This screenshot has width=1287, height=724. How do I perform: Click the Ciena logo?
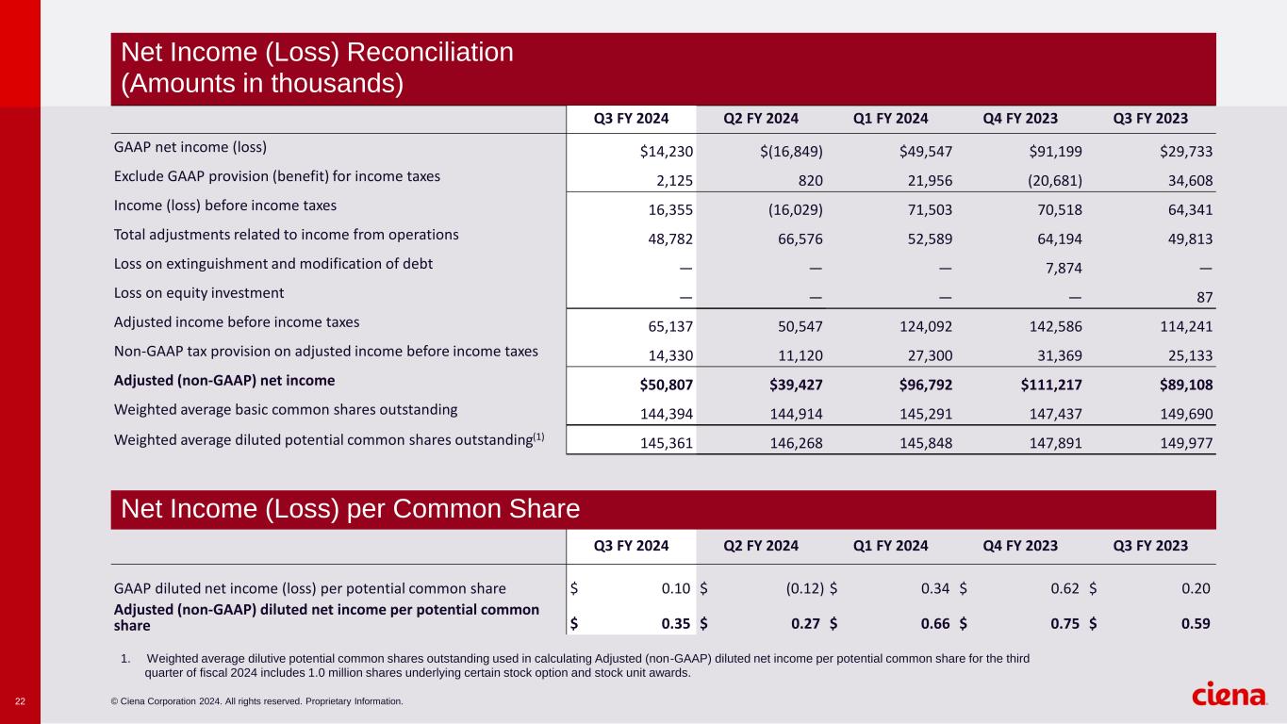tap(1229, 695)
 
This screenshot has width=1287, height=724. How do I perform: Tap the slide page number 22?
tap(20, 701)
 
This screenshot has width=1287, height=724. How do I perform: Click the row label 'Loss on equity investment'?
tap(199, 293)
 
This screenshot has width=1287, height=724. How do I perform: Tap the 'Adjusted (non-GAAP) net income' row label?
tap(224, 381)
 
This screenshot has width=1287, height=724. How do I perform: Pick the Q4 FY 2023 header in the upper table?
tap(1020, 119)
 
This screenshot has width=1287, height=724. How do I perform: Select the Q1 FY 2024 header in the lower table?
tap(891, 546)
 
